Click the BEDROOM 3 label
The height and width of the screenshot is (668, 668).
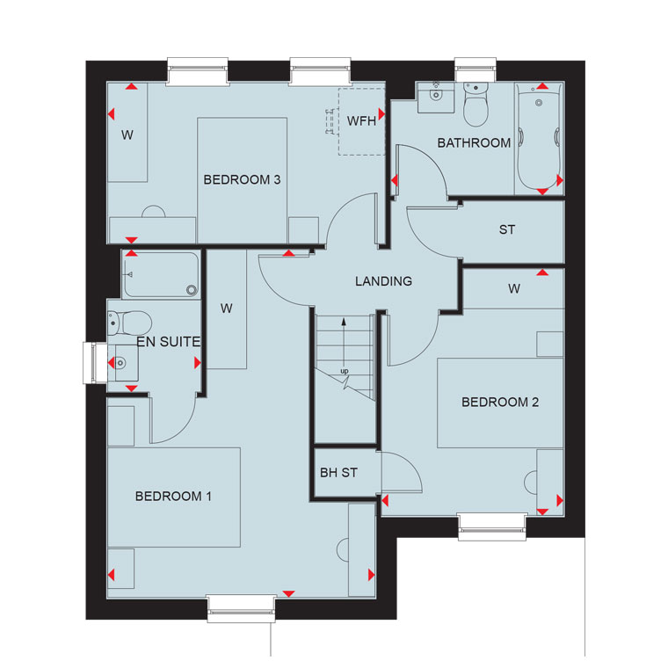click(x=242, y=180)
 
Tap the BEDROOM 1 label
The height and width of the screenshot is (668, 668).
click(x=173, y=497)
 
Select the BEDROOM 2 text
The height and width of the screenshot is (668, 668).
click(x=500, y=403)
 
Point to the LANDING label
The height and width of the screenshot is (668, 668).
click(x=384, y=281)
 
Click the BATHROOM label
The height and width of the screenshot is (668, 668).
click(x=474, y=142)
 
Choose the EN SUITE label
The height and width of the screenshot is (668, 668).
click(x=168, y=342)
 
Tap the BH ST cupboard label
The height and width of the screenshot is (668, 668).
click(x=338, y=473)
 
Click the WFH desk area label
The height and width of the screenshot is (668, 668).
click(x=361, y=121)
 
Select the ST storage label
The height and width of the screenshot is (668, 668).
click(x=507, y=230)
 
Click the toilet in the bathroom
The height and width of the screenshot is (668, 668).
click(x=476, y=105)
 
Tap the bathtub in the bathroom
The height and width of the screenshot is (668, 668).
click(x=539, y=139)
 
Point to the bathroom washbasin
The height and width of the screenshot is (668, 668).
click(x=436, y=98)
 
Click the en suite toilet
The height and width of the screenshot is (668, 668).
click(x=129, y=323)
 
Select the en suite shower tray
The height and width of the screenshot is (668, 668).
click(x=161, y=275)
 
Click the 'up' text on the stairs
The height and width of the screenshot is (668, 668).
click(x=345, y=371)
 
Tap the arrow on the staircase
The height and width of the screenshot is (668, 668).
click(x=344, y=342)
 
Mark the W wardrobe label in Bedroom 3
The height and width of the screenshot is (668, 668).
click(x=127, y=135)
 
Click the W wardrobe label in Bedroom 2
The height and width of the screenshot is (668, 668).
click(x=514, y=289)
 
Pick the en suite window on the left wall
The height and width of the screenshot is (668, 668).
click(x=95, y=363)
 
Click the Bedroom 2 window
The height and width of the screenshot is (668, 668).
click(x=492, y=527)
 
